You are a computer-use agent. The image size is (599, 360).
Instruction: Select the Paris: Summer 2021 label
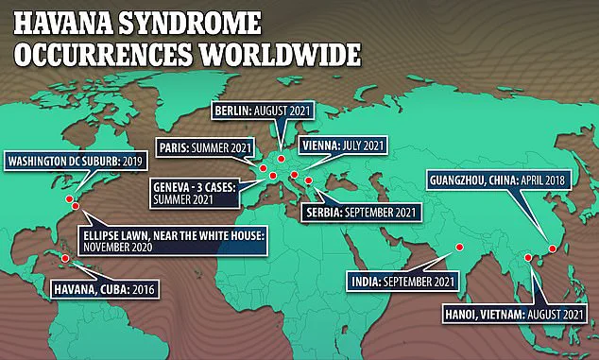(x=200, y=147)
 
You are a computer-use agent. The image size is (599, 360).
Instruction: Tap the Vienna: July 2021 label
(x=341, y=146)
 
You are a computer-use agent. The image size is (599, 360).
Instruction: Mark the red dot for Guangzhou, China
(x=552, y=249)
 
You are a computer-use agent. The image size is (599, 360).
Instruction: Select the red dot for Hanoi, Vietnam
(x=525, y=257)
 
